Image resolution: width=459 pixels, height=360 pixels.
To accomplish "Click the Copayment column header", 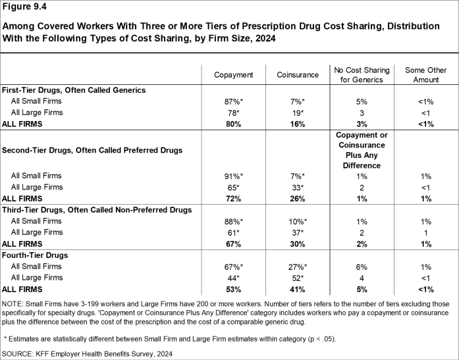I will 234,75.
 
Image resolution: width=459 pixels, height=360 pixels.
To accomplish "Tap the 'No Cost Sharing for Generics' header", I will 362,75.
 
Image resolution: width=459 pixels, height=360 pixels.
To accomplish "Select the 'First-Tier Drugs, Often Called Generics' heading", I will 74,90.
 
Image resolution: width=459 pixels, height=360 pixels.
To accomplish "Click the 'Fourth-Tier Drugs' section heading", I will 36,255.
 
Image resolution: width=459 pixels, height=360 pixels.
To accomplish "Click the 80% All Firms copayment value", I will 234,124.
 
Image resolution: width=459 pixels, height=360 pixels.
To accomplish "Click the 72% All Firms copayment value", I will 234,198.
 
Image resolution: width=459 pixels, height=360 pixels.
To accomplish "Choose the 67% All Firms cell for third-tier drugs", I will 234,244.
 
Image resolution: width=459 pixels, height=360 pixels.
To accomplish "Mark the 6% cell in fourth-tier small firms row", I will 362,266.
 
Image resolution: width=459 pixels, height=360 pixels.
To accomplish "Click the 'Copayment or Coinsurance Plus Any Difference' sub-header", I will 362,150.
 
